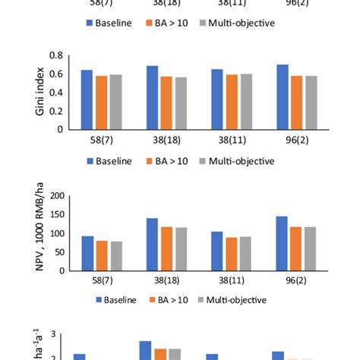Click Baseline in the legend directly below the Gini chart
click(109, 161)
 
